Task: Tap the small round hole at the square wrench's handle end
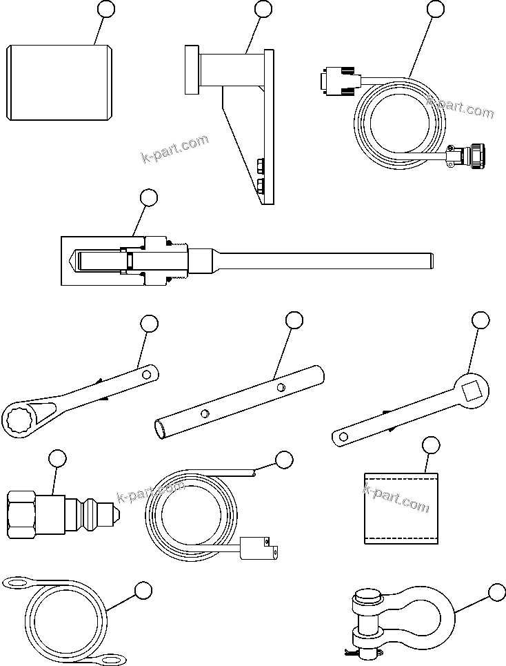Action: tap(340, 436)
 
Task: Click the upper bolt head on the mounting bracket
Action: tap(261, 164)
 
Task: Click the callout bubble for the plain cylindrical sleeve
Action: tap(105, 9)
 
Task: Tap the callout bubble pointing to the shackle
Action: tap(496, 591)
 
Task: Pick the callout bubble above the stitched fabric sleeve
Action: tap(431, 445)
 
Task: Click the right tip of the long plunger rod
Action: tap(433, 261)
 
